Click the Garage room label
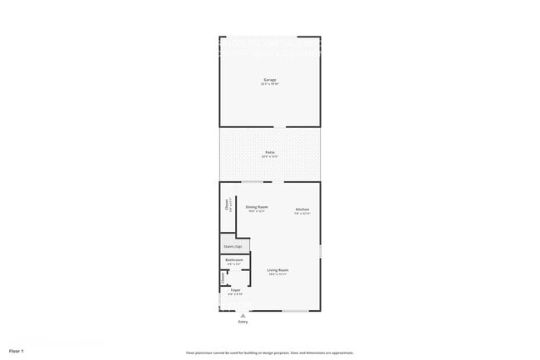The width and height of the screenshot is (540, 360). click(x=269, y=80)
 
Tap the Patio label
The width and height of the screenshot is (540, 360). click(x=269, y=152)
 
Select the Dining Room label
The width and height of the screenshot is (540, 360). click(x=257, y=206)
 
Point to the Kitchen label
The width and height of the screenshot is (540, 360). click(x=302, y=209)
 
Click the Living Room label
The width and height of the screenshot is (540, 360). click(x=277, y=270)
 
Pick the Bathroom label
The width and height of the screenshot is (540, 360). click(x=234, y=260)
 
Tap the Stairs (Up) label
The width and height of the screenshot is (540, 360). click(x=233, y=246)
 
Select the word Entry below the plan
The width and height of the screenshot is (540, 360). click(x=243, y=322)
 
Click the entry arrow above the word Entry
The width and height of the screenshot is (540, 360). click(x=243, y=315)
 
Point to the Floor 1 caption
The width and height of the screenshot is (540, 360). click(x=17, y=351)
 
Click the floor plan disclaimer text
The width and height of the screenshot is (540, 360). click(x=270, y=352)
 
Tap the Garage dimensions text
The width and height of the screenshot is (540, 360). click(x=269, y=84)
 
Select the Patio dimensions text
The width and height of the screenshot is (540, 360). click(x=269, y=156)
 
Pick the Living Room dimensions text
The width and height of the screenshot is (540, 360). click(x=277, y=274)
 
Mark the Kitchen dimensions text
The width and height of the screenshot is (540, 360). click(x=302, y=214)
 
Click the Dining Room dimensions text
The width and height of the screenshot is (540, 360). click(x=257, y=211)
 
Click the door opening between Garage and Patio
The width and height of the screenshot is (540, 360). click(x=282, y=127)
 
